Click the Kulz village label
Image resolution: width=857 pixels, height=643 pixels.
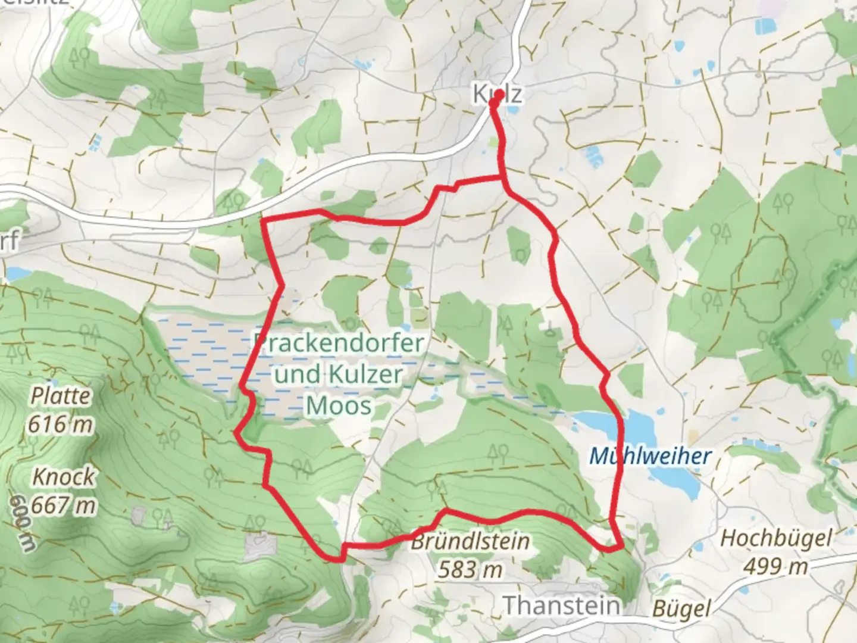click(498, 94)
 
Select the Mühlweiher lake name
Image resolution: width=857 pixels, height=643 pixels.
click(650, 457)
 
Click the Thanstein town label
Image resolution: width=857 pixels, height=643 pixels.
click(562, 605)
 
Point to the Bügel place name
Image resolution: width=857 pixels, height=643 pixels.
click(682, 608)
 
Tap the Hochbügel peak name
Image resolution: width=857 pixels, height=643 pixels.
click(775, 539)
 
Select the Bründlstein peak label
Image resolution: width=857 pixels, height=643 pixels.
click(470, 542)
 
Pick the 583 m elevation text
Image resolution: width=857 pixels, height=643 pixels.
click(470, 570)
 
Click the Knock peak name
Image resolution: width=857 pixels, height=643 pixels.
click(63, 477)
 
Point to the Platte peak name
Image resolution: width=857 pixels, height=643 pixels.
click(61, 395)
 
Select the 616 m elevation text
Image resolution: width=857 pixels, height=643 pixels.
click(60, 424)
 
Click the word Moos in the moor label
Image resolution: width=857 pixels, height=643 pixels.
click(339, 406)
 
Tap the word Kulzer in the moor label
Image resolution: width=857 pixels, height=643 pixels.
click(365, 375)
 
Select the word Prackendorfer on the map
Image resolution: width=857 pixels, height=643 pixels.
click(339, 343)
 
